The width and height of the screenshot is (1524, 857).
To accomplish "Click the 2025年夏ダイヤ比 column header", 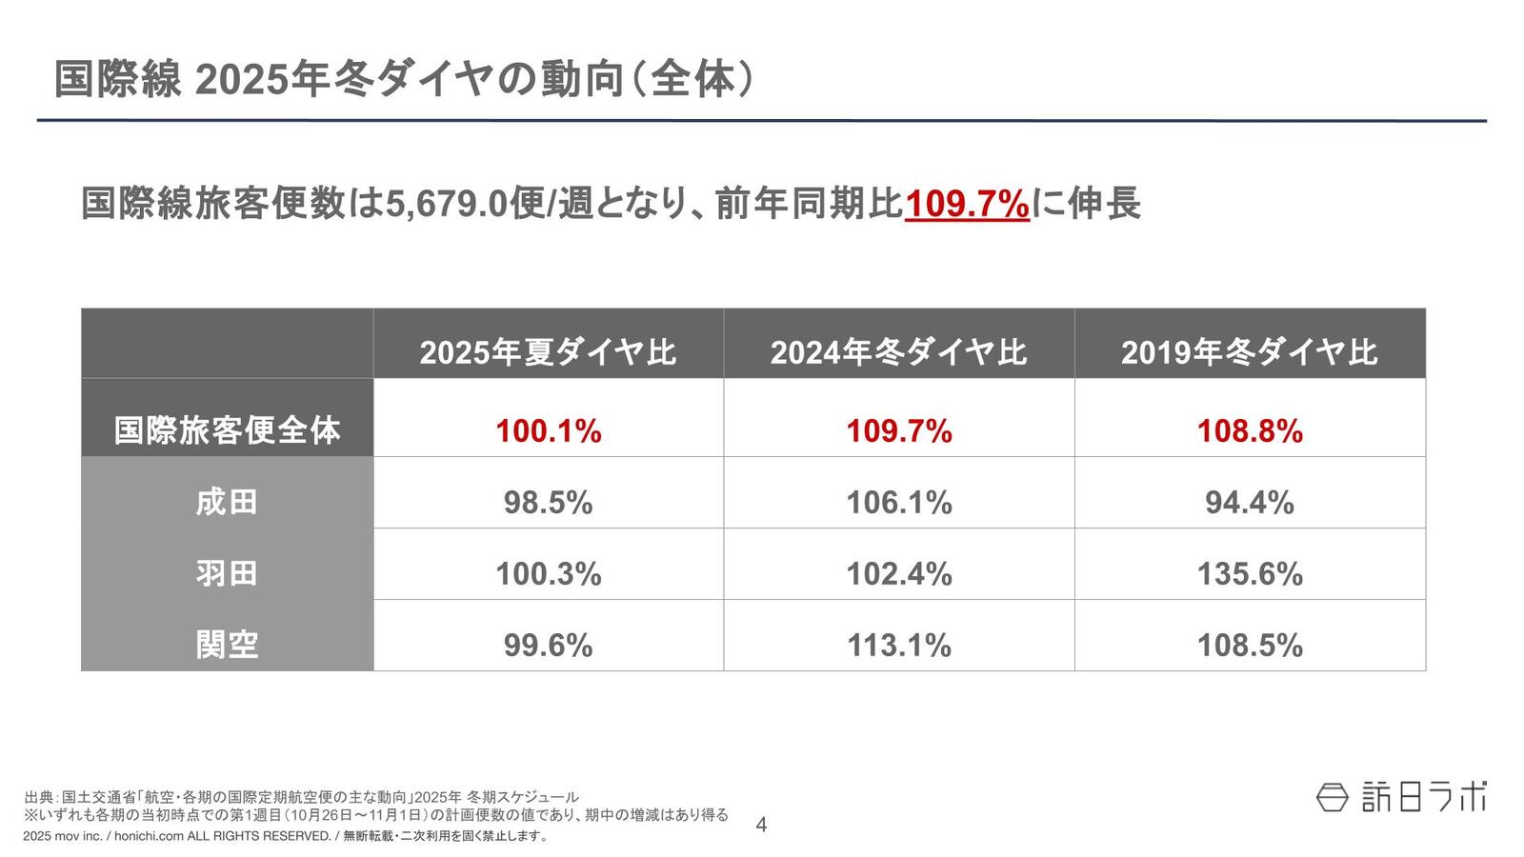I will coord(548,352).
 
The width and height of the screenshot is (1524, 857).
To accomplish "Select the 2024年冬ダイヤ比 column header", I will coord(898,352).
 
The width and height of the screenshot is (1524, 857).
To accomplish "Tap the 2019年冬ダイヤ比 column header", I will coord(1249,352).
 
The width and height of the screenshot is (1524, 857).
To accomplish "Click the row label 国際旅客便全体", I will coord(227,430).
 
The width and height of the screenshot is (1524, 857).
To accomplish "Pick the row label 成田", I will coord(227,502).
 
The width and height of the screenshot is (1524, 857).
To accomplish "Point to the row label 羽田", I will coord(227,573).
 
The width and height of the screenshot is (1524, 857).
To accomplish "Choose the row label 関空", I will coord(227,645).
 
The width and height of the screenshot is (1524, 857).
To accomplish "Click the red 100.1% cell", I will coord(548,431).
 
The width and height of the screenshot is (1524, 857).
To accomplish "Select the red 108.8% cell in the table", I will coord(1249,431).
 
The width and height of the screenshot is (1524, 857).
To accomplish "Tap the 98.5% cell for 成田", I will coord(548,503).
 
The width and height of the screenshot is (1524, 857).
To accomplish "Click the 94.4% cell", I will coord(1249,503).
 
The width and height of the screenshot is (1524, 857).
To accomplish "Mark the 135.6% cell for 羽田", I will coord(1249,574).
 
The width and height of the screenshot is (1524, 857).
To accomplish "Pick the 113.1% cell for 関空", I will coord(898,646).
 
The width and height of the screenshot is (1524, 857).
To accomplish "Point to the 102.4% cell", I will coord(898,574).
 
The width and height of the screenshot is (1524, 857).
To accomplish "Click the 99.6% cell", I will coord(548,646).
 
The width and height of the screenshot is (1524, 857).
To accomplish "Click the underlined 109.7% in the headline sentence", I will coord(967,204).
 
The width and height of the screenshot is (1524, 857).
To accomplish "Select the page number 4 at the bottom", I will coord(760,825).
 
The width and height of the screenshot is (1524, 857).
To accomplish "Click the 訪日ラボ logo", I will coord(1401,796).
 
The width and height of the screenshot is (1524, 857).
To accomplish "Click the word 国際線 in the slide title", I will coord(117,80).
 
